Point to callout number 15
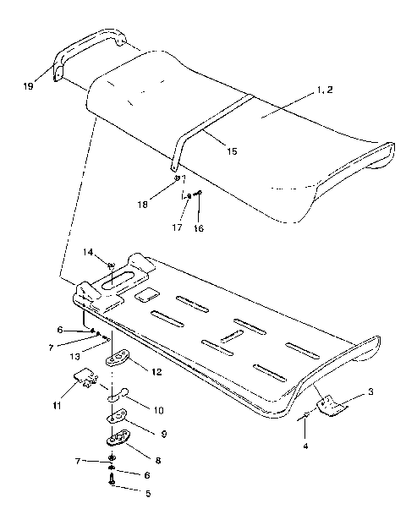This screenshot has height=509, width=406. tap(232, 151)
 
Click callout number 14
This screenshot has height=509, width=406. tap(89, 252)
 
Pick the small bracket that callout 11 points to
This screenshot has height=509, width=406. tap(85, 378)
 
